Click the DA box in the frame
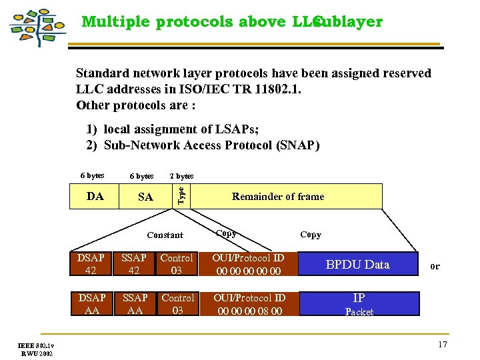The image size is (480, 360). coord(95,197)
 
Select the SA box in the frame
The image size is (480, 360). coord(145,197)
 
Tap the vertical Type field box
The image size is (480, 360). coord(180,196)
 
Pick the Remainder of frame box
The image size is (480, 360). coord(277,196)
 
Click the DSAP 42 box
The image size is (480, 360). coord(91,264)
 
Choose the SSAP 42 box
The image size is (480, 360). coord(134,264)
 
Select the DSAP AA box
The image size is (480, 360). coord(91,304)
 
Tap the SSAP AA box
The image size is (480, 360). coord(134,304)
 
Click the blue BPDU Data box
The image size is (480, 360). coord(357,264)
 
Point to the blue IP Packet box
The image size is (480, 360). coord(359,304)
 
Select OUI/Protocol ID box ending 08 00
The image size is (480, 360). coord(248,304)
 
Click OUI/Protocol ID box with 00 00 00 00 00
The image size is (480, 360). coord(248,264)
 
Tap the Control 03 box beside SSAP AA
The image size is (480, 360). coord(177,304)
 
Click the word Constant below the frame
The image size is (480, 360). coord(165,235)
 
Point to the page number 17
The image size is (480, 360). coord(442,344)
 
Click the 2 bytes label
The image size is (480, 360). coord(181,176)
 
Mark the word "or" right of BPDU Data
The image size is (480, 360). coord(435,266)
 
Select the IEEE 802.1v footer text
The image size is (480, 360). coord(36,345)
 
